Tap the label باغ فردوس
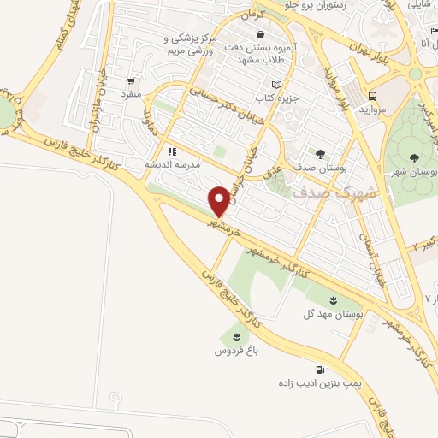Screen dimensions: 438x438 (x=234, y=351)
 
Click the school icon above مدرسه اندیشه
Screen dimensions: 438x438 (x=172, y=151)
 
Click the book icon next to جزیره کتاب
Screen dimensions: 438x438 (x=276, y=85)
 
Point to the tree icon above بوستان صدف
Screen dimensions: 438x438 (x=320, y=154)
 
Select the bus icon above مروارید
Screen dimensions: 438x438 (x=373, y=96)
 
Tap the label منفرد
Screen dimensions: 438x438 (x=131, y=92)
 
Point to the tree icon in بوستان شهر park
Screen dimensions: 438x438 (x=414, y=157)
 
